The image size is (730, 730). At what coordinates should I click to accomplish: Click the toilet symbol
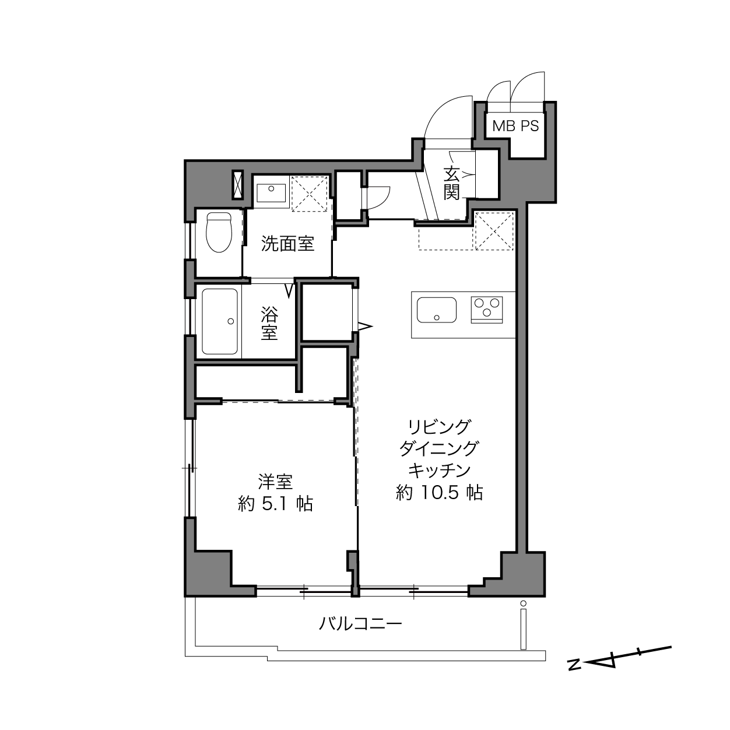coord(219,232)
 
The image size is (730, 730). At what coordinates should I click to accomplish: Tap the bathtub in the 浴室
coord(220,321)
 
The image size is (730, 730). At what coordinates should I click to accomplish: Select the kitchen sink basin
coord(436,310)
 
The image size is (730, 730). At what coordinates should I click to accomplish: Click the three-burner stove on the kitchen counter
coord(487,310)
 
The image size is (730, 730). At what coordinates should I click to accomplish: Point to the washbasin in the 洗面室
coord(271,193)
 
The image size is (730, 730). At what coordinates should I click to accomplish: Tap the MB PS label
coord(515,126)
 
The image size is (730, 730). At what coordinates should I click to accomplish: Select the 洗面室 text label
coord(287,244)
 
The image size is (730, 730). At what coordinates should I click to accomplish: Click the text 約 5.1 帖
coord(275,504)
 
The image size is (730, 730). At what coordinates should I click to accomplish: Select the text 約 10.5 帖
coord(440,493)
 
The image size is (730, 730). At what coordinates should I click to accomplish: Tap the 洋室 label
coord(275,482)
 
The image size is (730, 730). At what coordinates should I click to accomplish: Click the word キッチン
coord(440,471)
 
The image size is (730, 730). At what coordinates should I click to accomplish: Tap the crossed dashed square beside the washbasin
coord(310,194)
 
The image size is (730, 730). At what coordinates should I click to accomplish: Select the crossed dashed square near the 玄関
coord(494,231)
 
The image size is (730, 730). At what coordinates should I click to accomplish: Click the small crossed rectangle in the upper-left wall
coord(237,185)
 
